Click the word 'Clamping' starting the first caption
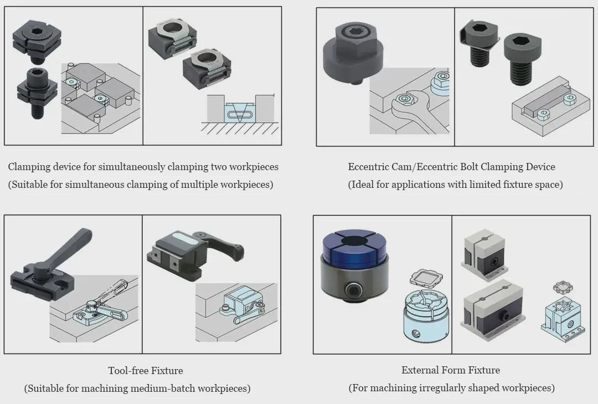28,167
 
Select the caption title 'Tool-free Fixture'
145,371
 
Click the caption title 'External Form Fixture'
451,370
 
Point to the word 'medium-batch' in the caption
157,388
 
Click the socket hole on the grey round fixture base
353,291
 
